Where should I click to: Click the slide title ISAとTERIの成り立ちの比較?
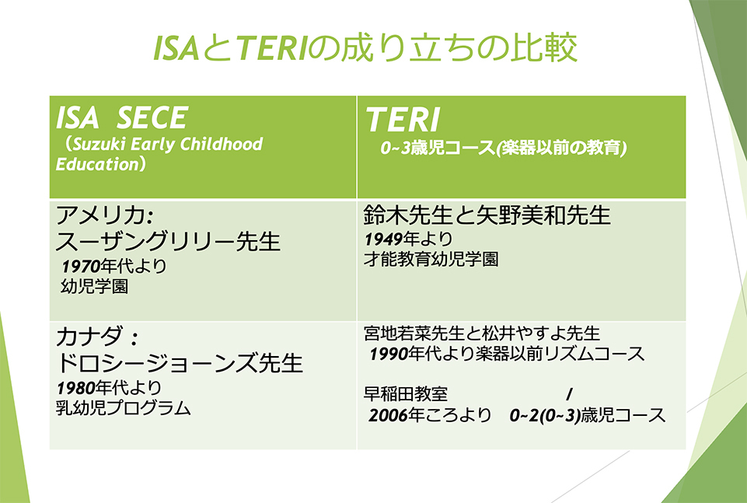pyautogui.click(x=365, y=47)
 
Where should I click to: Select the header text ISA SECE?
pyautogui.click(x=122, y=117)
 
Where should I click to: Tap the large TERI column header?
pyautogui.click(x=403, y=119)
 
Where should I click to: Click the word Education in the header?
pyautogui.click(x=96, y=164)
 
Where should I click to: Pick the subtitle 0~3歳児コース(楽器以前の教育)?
pyautogui.click(x=504, y=148)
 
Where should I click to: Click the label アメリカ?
pyautogui.click(x=104, y=215)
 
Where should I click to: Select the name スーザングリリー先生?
pyautogui.click(x=168, y=241)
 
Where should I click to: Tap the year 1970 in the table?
pyautogui.click(x=81, y=266)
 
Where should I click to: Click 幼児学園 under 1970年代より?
pyautogui.click(x=94, y=286)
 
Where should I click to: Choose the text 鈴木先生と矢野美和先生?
pyautogui.click(x=487, y=215)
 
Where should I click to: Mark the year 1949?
pyautogui.click(x=383, y=239)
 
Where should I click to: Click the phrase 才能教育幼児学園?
pyautogui.click(x=431, y=260)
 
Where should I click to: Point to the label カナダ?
pyautogui.click(x=97, y=337)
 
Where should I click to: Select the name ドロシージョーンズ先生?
pyautogui.click(x=179, y=362)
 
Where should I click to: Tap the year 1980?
pyautogui.click(x=75, y=388)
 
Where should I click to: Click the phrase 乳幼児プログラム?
pyautogui.click(x=124, y=408)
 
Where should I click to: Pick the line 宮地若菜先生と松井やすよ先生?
pyautogui.click(x=482, y=334)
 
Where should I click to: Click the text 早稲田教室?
pyautogui.click(x=406, y=394)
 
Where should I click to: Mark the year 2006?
pyautogui.click(x=388, y=416)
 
